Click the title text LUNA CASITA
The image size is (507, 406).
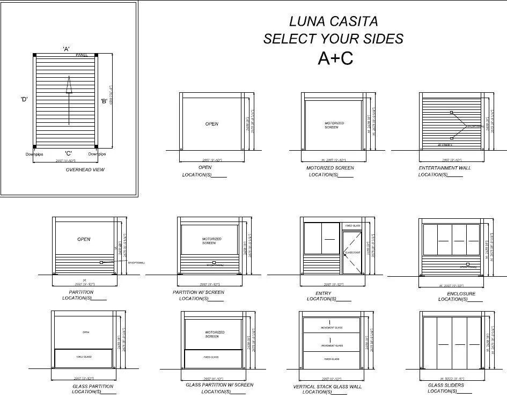click(333, 21)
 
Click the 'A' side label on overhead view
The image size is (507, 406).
click(67, 49)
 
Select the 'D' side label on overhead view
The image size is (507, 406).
click(24, 99)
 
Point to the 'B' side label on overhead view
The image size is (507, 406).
click(104, 100)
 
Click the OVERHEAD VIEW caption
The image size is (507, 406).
click(85, 170)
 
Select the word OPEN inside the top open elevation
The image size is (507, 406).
click(212, 124)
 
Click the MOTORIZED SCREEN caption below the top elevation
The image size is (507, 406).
click(330, 168)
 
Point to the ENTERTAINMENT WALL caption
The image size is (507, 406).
click(445, 168)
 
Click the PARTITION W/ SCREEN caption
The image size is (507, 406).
click(199, 292)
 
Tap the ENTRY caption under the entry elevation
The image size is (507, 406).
click(323, 293)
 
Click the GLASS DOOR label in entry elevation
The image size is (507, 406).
click(351, 252)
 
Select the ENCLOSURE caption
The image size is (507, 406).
click(461, 293)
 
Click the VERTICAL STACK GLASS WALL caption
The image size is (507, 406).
click(327, 386)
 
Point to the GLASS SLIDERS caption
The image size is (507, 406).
click(446, 385)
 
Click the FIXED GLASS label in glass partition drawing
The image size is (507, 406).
click(84, 357)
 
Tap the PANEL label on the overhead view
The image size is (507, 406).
click(82, 55)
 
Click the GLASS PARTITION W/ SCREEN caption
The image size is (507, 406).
click(219, 385)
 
